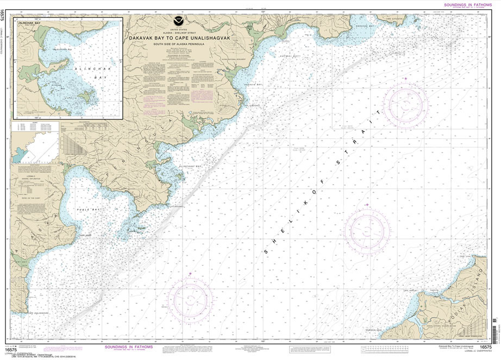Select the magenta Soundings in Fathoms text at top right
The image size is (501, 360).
(465, 4)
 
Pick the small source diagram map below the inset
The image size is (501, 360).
(30, 149)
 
